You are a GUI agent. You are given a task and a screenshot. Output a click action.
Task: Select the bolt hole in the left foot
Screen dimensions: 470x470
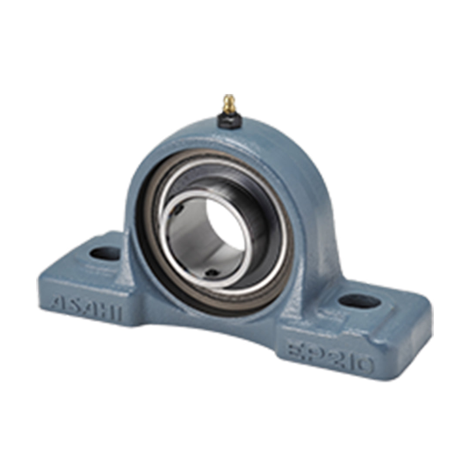(105, 253)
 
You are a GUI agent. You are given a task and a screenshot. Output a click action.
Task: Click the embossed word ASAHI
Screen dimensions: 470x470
(87, 308)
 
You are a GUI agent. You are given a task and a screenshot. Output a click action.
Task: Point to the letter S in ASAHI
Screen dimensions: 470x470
(72, 305)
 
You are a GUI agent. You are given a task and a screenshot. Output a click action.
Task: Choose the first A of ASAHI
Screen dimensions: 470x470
(58, 303)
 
